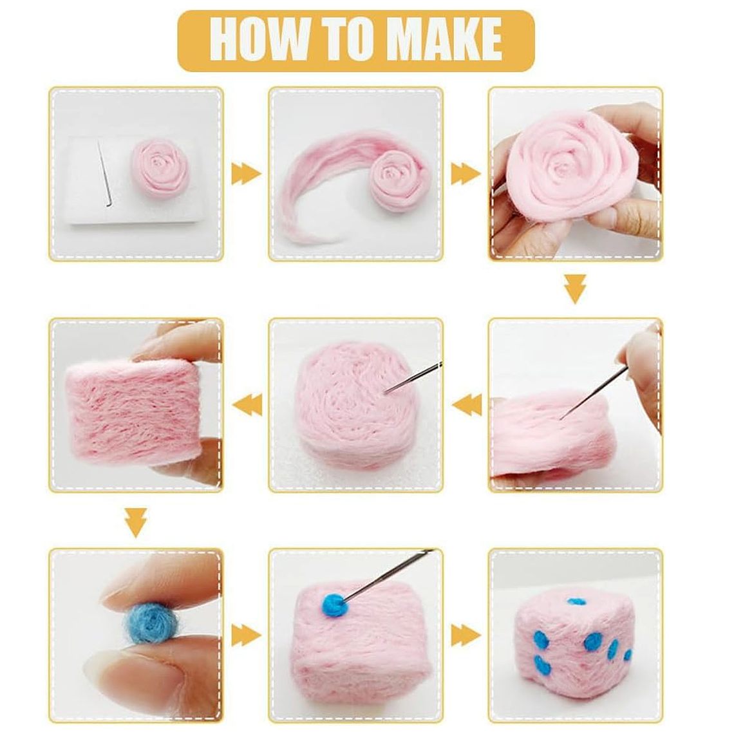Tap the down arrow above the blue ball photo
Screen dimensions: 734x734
136,522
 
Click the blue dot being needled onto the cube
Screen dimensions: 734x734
334,605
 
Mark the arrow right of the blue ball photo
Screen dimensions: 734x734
245,635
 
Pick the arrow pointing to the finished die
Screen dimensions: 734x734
466,635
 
